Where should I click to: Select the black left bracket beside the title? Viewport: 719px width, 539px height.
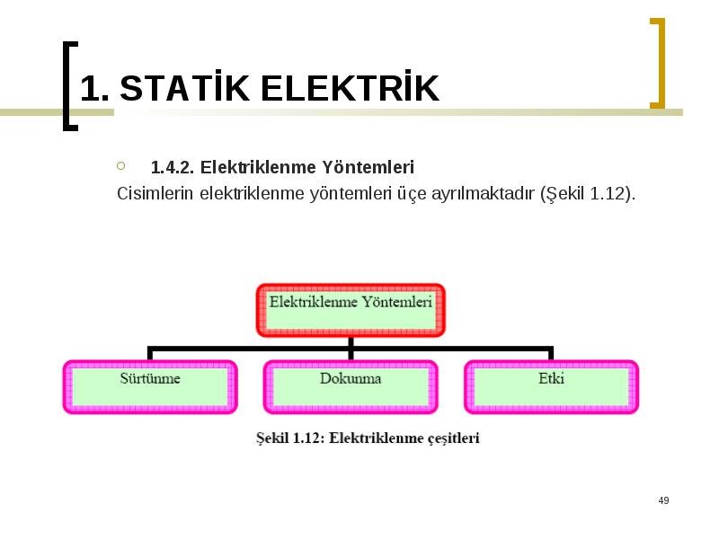pyautogui.click(x=70, y=86)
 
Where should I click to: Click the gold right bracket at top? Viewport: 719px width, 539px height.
pyautogui.click(x=658, y=63)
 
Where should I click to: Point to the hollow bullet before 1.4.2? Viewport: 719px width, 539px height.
pyautogui.click(x=121, y=165)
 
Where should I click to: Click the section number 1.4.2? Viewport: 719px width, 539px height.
pyautogui.click(x=173, y=167)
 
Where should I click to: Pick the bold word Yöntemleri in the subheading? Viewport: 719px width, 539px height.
pyautogui.click(x=368, y=167)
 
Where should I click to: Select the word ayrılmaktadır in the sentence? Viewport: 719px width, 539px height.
pyautogui.click(x=483, y=194)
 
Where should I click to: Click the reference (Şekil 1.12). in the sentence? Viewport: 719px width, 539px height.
pyautogui.click(x=589, y=194)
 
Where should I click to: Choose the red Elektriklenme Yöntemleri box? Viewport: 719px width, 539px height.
pyautogui.click(x=351, y=310)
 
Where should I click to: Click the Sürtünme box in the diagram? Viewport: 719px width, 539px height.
pyautogui.click(x=150, y=387)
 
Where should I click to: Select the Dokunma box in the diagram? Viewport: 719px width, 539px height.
pyautogui.click(x=351, y=387)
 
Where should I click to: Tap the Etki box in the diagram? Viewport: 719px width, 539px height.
pyautogui.click(x=551, y=387)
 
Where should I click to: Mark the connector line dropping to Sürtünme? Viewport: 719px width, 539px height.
pyautogui.click(x=150, y=353)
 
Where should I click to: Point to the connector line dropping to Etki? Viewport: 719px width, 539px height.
pyautogui.click(x=551, y=353)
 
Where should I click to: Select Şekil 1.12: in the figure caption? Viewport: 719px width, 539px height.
pyautogui.click(x=290, y=438)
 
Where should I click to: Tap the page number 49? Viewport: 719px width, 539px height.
pyautogui.click(x=663, y=500)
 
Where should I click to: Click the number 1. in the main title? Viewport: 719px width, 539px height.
pyautogui.click(x=95, y=87)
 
